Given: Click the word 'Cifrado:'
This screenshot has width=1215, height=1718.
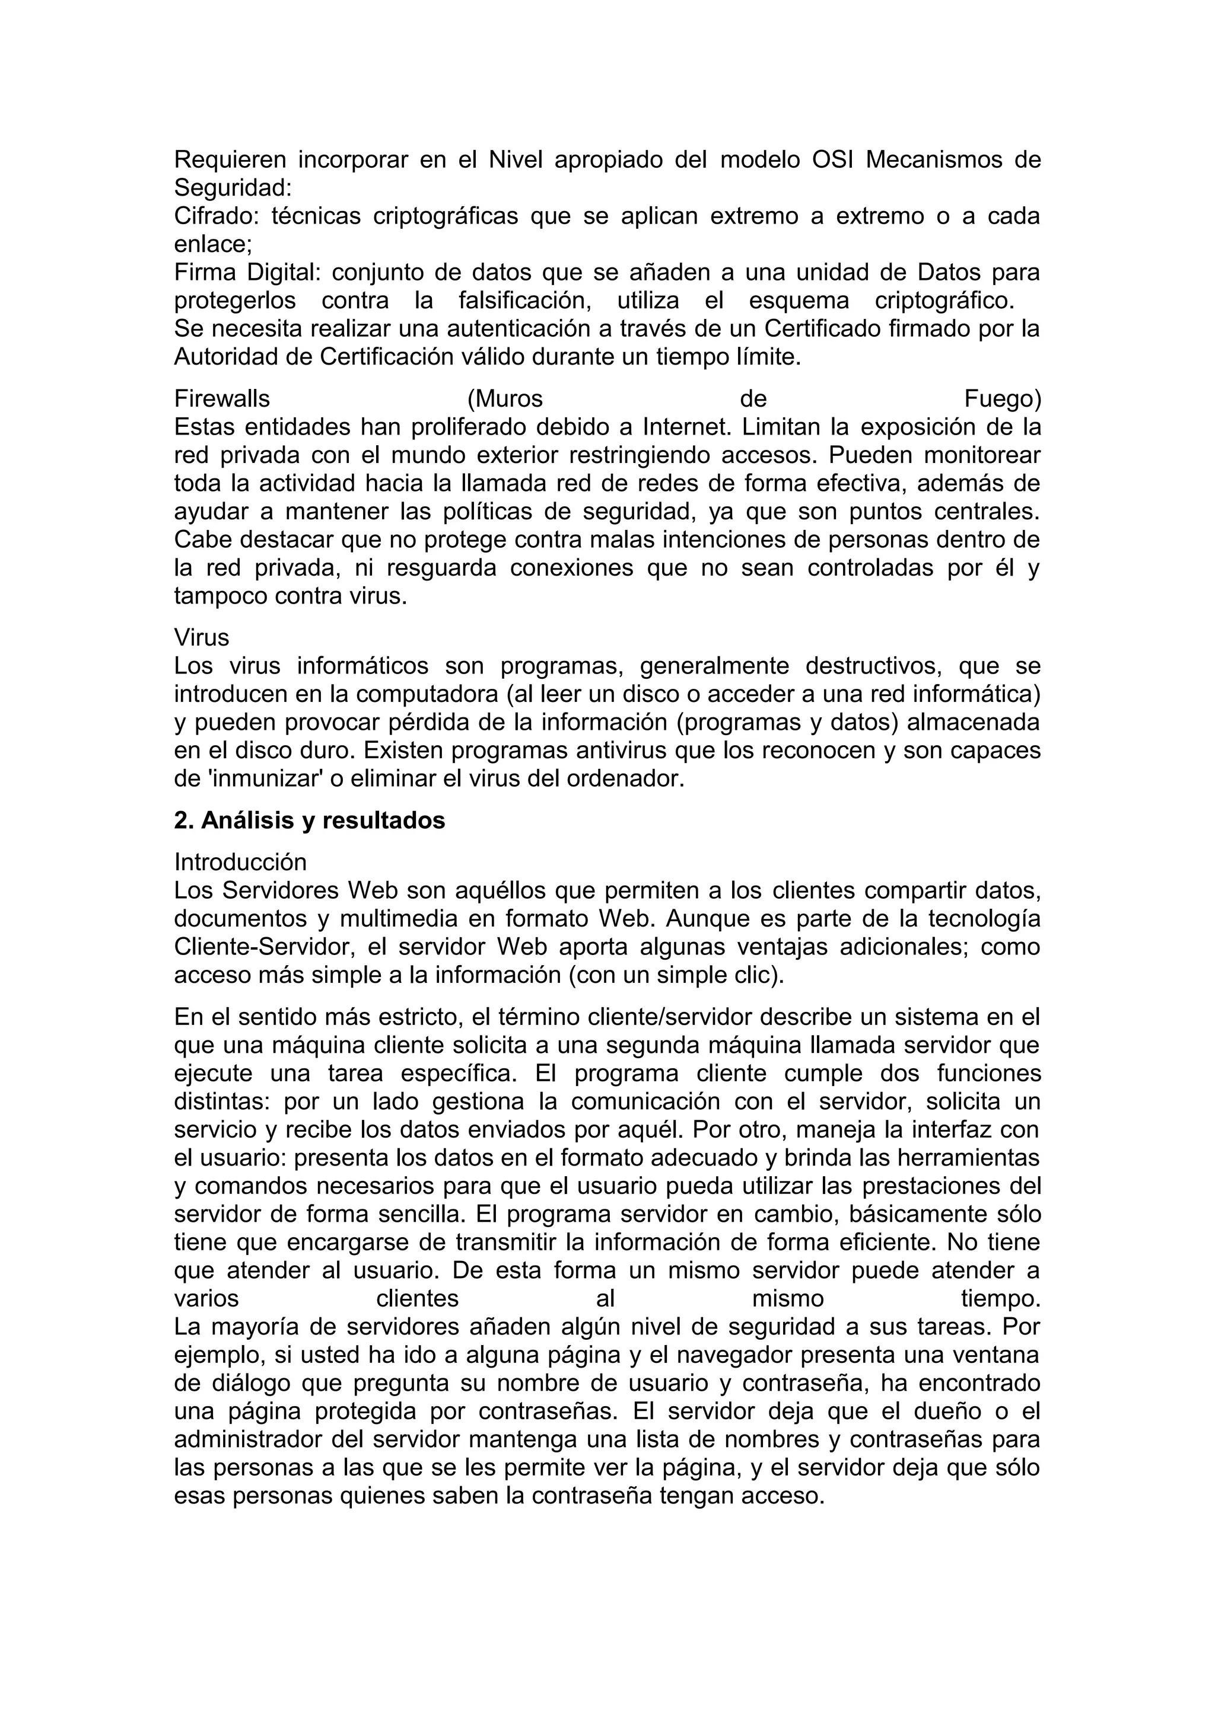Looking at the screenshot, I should coord(217,216).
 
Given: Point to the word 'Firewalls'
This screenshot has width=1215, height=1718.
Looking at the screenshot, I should coord(222,399).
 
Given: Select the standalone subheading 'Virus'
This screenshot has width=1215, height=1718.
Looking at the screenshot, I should coord(201,637).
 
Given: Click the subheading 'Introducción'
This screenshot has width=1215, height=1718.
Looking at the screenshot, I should coord(240,862).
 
